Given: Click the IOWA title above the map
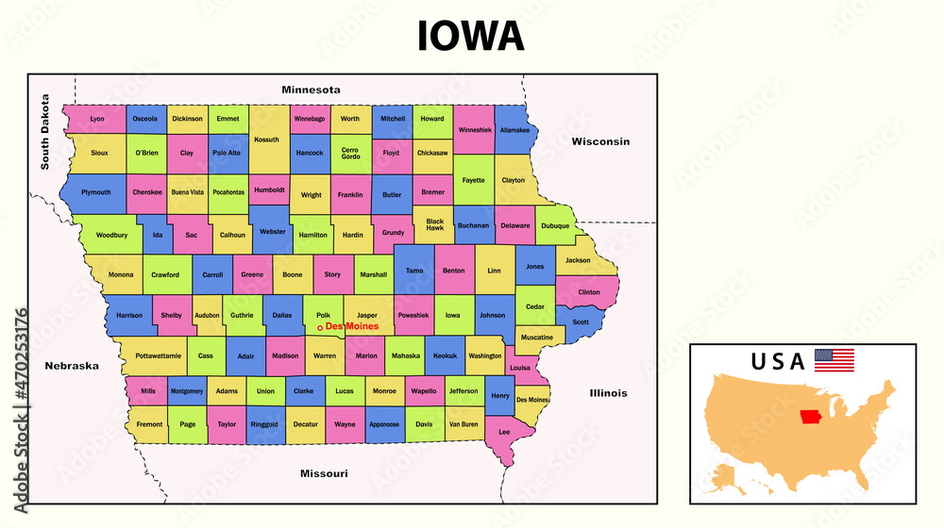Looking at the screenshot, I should [x=470, y=36].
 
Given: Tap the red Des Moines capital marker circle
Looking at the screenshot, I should [x=320, y=327].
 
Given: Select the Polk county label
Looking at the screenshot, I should [x=323, y=316].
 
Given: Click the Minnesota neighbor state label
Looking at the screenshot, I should [x=311, y=90].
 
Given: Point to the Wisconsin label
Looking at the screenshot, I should [x=599, y=141].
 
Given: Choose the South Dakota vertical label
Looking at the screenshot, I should [x=44, y=132].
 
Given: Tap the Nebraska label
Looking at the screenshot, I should [x=71, y=365].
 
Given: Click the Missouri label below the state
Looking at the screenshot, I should [x=324, y=472].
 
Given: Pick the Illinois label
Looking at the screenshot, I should [x=609, y=392].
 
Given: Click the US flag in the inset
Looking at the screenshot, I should [x=834, y=360].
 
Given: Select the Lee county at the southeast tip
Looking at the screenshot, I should [x=504, y=433].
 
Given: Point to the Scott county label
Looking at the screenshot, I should [x=581, y=322].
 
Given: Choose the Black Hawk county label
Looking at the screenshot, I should [x=434, y=224].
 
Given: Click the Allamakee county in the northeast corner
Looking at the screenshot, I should [x=514, y=130].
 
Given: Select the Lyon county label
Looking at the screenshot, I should [x=97, y=119].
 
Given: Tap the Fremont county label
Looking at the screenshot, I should [x=149, y=424].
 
